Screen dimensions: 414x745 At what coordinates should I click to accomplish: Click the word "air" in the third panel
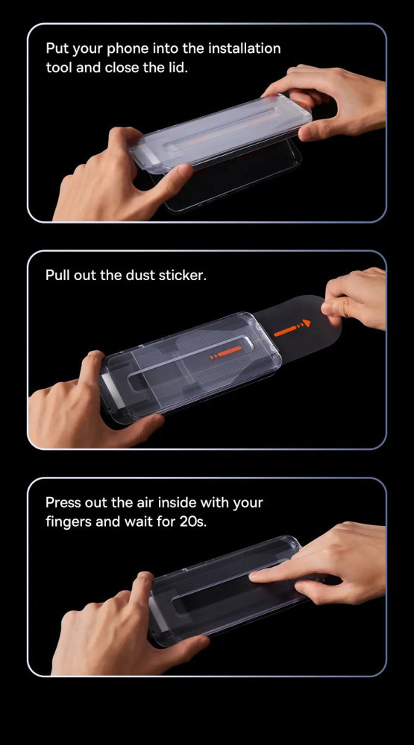(145, 502)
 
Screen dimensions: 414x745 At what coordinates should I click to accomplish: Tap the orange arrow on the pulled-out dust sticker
(292, 329)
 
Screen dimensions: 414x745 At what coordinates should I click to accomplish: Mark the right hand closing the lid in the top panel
(328, 101)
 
